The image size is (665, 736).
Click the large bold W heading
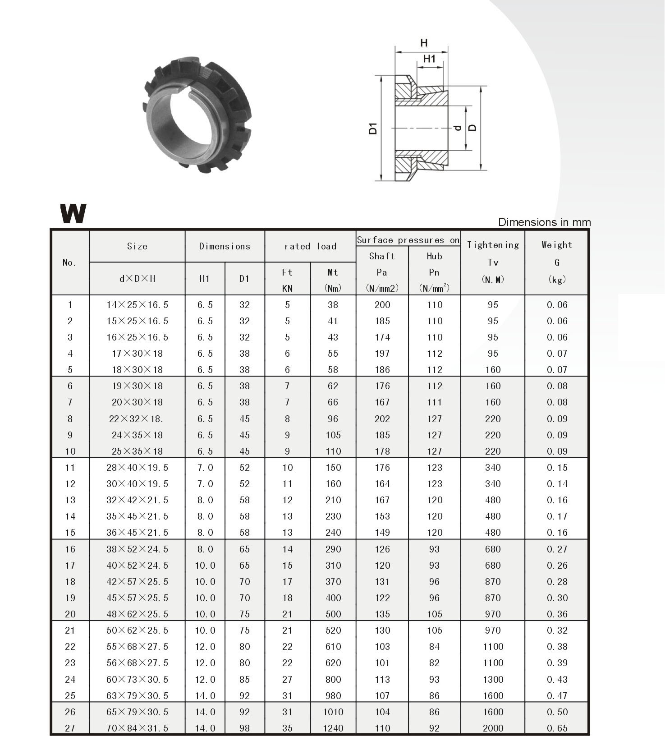coord(73,214)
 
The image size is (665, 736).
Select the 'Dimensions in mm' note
coord(544,222)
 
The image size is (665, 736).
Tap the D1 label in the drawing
coord(373,128)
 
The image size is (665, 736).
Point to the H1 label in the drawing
coord(429,59)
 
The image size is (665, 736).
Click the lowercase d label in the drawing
coord(458,128)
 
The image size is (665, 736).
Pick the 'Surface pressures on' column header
coord(408,240)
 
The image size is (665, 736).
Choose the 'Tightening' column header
coord(493,245)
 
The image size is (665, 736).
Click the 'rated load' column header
coord(310,246)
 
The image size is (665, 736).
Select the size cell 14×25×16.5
coord(137,305)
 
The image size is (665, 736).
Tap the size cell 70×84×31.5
coord(137,728)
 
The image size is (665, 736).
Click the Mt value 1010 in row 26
coord(333,712)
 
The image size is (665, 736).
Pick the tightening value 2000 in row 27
coord(493,728)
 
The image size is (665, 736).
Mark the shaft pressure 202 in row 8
coord(382,419)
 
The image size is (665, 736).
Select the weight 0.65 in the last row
coord(557,728)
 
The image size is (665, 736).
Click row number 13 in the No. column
coord(70,500)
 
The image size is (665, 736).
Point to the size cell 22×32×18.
coord(136,419)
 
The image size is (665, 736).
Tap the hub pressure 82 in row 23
coord(434,663)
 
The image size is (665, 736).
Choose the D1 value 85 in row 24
coord(244,679)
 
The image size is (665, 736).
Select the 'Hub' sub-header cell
coord(434,256)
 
